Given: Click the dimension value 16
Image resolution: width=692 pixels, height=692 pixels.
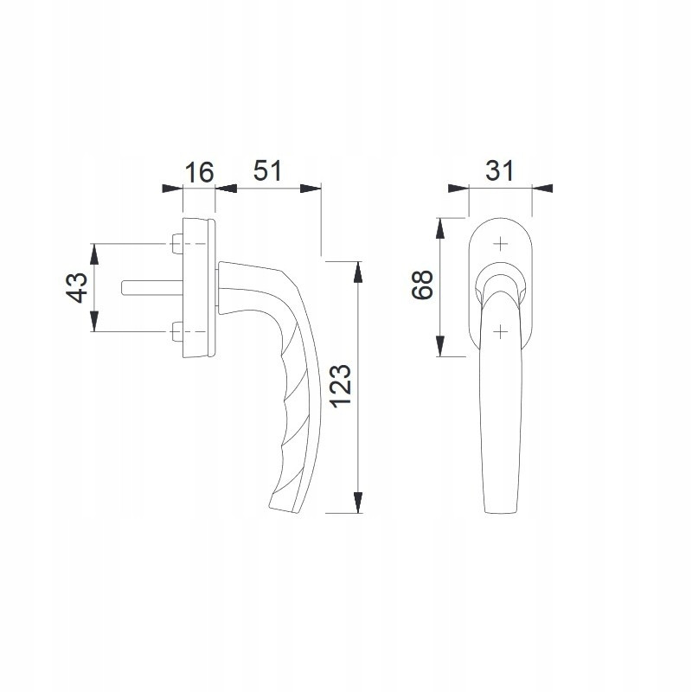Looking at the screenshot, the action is coord(199,172).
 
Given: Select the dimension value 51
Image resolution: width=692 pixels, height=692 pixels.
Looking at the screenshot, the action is coord(267,170).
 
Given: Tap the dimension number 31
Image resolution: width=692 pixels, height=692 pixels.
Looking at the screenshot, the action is coord(500,170).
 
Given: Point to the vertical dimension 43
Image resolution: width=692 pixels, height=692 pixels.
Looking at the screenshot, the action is coord(77,287).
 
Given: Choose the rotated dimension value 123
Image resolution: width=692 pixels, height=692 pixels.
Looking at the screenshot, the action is coord(341,386).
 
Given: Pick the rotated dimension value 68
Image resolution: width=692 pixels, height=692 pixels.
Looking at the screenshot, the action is coord(422,285).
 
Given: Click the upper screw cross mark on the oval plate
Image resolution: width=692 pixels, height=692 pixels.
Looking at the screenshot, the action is coord(500,244).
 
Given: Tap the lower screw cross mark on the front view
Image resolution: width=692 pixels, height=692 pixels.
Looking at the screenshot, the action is coord(500,331).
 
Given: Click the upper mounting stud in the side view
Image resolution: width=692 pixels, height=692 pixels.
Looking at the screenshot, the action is coord(177,244).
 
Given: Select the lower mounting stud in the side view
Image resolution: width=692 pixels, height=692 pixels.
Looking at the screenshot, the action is coord(177,331).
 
